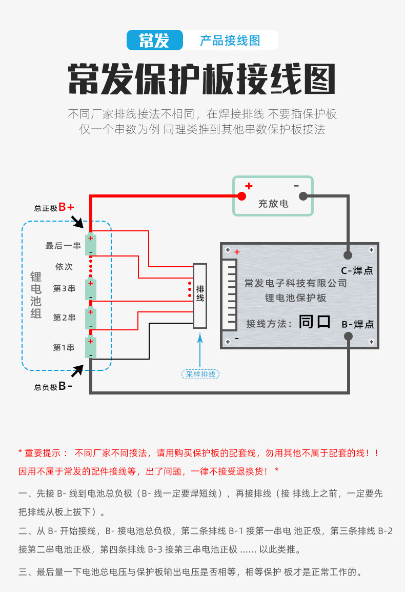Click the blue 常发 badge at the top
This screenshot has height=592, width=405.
click(154, 40)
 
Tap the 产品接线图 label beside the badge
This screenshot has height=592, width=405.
click(230, 40)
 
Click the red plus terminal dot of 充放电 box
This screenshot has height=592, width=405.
click(241, 195)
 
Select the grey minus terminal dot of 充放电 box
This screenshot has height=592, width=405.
click(303, 195)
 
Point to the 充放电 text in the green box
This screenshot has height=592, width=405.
click(273, 204)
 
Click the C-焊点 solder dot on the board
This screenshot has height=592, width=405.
click(348, 254)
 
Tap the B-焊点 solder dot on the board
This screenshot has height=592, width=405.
click(348, 336)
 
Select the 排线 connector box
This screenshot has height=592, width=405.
click(200, 297)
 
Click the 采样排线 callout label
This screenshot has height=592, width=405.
click(200, 374)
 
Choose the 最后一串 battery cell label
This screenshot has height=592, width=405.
click(63, 246)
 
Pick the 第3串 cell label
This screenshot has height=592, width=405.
click(65, 289)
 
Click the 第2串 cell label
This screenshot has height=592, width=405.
click(65, 318)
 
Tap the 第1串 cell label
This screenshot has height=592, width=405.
click(65, 348)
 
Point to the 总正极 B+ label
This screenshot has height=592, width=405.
click(54, 207)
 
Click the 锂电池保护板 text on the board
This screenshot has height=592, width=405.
click(296, 298)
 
